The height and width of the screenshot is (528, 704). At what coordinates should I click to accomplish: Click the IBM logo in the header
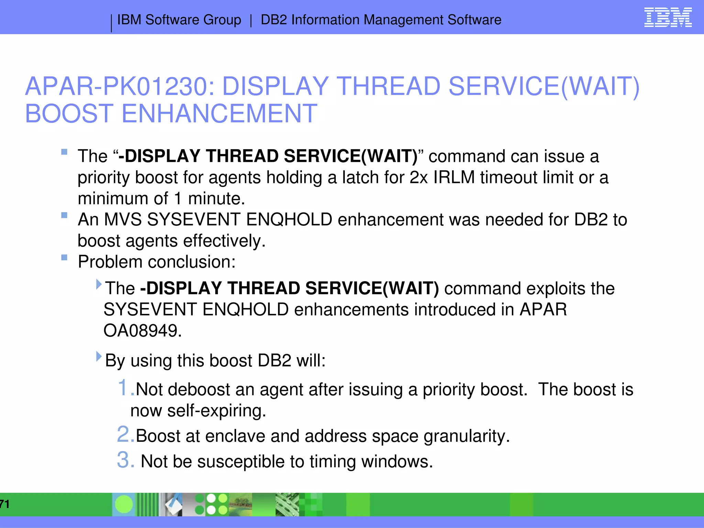click(668, 18)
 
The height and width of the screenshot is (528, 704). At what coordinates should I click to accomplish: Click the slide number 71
click(4, 504)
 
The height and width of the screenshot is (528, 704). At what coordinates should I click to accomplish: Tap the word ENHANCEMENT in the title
click(219, 114)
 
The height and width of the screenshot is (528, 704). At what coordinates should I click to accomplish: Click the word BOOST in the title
click(69, 114)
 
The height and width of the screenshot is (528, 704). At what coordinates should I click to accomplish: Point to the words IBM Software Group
click(179, 20)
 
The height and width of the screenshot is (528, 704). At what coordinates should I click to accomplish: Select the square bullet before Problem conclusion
click(64, 257)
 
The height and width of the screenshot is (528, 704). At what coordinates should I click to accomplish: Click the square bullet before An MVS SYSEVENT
click(64, 215)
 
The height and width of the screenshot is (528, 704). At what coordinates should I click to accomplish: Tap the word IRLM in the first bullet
click(454, 177)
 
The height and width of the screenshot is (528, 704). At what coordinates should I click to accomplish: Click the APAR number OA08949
click(142, 331)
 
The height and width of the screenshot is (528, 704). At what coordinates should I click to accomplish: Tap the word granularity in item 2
click(466, 436)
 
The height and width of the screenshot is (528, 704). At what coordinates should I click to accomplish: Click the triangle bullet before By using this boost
click(99, 356)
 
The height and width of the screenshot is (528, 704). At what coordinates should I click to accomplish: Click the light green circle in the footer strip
click(123, 504)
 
